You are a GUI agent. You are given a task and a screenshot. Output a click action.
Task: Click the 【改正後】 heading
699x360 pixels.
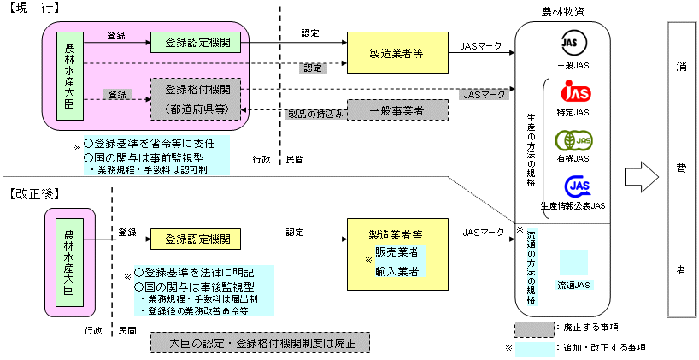click(x=32, y=194)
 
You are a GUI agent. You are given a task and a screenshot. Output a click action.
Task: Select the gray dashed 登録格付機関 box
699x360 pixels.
click(x=196, y=97)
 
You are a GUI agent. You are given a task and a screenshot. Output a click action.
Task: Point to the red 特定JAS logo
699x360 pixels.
click(x=574, y=91)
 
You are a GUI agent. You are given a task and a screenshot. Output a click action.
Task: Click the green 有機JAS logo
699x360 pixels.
click(x=574, y=139)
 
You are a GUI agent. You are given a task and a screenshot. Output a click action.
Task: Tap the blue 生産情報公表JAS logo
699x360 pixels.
click(x=574, y=186)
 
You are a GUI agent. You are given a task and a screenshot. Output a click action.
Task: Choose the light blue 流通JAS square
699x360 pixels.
click(x=573, y=263)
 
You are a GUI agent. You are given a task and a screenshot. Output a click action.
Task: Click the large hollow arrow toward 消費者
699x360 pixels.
click(x=642, y=174)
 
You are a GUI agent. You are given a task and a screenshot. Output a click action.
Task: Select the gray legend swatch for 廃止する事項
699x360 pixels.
click(x=533, y=328)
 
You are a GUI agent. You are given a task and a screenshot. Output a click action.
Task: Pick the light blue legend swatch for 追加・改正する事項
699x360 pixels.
click(x=533, y=348)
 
